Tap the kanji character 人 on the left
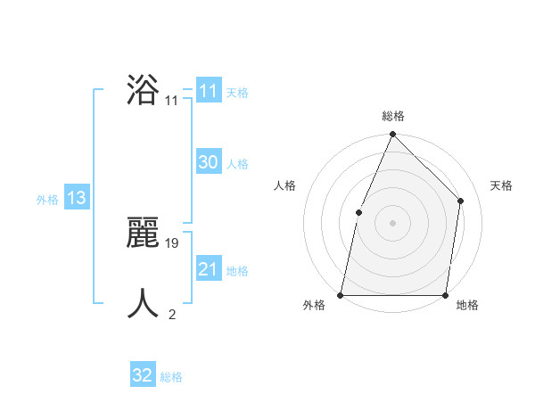point(143,303)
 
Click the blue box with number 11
point(208,91)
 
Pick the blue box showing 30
point(208,162)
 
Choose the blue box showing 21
point(208,269)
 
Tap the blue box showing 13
point(77,198)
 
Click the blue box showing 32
point(143,375)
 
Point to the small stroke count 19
point(173,242)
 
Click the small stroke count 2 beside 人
point(172,314)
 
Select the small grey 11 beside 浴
point(171,101)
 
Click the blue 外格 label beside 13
point(47,200)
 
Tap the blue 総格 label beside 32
point(171,377)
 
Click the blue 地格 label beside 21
point(237,271)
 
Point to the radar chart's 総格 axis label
point(392,116)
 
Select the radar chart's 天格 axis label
point(501,185)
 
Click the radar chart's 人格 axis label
point(284,185)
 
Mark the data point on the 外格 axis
point(341,294)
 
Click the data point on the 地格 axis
point(445,294)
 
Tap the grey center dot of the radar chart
point(392,222)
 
